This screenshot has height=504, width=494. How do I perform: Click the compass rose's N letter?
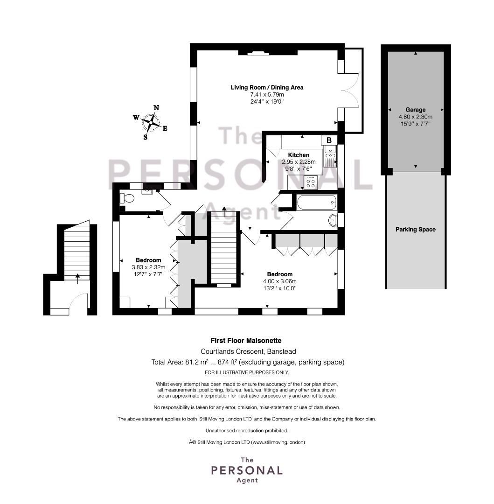156,108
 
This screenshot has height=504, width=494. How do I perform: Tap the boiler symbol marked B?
329,140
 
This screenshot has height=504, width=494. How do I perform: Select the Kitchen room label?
299,155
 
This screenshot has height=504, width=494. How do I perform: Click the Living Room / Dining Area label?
267,87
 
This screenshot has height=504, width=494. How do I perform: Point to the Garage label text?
415,110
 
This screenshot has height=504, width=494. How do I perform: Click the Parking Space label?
415,230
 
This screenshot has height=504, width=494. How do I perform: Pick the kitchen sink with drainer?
330,156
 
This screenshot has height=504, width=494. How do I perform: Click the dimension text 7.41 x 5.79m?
267,94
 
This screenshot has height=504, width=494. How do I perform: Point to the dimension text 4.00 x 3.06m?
280,281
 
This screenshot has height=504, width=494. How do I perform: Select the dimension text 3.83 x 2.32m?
148,267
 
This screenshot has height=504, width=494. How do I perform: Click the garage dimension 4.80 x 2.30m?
415,117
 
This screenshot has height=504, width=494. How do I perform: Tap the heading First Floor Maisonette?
247,341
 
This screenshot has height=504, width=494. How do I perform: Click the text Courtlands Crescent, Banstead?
248,351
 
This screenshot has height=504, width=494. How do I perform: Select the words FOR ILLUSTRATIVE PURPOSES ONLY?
247,372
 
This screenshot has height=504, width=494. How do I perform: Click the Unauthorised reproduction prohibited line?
247,430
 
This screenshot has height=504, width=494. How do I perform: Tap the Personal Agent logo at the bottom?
247,470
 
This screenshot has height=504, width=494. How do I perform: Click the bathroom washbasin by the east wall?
333,220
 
